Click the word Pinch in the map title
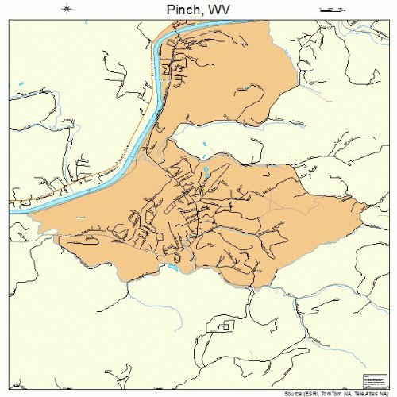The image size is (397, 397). click(185, 9)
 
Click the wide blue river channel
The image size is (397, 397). click(119, 167)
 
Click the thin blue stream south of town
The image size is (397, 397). click(143, 302)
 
